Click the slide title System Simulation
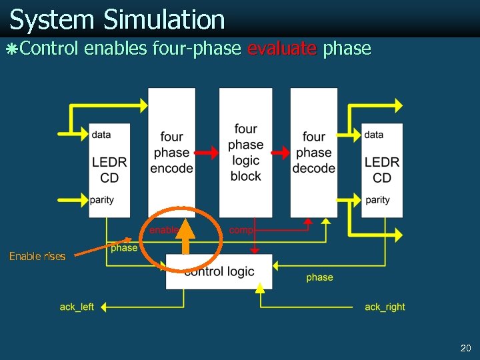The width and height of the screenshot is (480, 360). (x=117, y=20)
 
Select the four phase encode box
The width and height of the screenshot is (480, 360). (x=171, y=153)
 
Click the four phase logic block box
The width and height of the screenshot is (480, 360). (x=245, y=153)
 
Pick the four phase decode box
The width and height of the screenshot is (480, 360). (x=313, y=153)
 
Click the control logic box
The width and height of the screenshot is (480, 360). (x=219, y=272)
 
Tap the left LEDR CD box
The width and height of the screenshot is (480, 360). (x=109, y=169)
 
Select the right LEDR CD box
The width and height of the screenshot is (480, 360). (x=382, y=169)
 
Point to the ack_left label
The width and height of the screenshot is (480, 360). (x=77, y=307)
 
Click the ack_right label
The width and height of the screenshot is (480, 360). (x=385, y=307)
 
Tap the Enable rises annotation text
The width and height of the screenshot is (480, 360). (x=37, y=256)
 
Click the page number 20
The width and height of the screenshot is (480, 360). (x=465, y=349)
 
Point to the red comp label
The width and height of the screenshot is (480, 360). (x=240, y=230)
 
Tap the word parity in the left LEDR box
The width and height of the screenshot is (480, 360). (x=101, y=200)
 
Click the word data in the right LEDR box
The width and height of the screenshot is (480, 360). (x=374, y=135)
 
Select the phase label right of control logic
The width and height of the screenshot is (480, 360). (x=319, y=277)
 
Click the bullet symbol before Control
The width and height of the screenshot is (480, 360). (x=9, y=49)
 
